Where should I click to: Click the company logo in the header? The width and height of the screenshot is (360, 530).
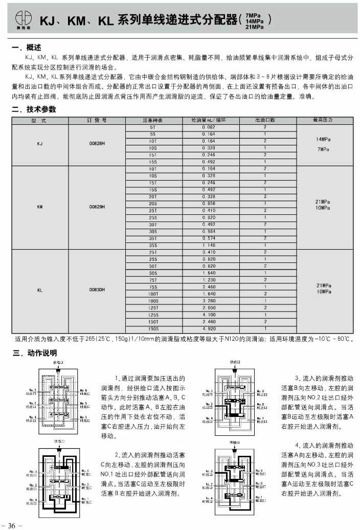tap(22, 18)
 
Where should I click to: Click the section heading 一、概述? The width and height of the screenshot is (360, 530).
tap(26, 48)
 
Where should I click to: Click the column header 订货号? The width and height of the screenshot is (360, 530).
tap(97, 120)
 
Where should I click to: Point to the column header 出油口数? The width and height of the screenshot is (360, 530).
tap(265, 120)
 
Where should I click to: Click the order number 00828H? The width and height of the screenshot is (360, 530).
tap(97, 144)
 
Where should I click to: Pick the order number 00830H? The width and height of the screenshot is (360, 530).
tap(97, 290)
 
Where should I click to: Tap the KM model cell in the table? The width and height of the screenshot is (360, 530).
tap(40, 207)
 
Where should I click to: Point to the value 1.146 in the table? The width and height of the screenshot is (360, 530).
tap(208, 245)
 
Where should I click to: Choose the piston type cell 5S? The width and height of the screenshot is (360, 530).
tap(152, 134)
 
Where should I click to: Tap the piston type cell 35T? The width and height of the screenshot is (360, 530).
tap(152, 238)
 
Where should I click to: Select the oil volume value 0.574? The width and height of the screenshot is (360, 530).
tap(208, 238)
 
